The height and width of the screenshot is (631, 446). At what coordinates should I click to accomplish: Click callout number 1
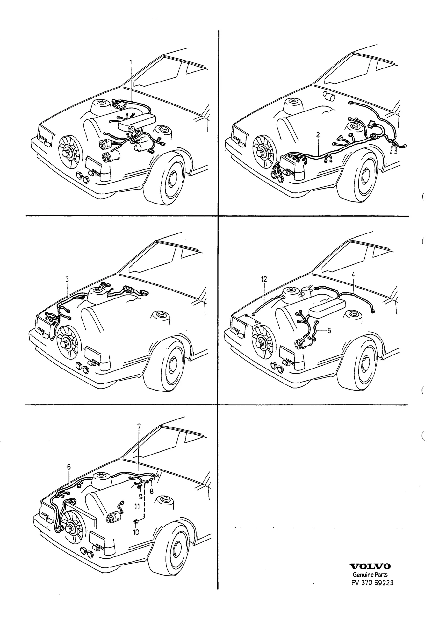tap(130, 62)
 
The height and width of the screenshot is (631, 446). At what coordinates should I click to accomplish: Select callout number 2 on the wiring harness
tap(318, 135)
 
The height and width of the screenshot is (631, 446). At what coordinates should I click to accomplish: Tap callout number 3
tap(67, 279)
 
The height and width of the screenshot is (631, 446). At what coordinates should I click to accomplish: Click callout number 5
tap(329, 331)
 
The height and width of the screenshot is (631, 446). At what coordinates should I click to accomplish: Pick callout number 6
tap(68, 467)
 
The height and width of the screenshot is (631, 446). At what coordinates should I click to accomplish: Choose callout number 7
tap(139, 426)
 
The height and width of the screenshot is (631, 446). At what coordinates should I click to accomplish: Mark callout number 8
tap(151, 491)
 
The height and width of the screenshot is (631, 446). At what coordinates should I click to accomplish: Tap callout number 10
tap(136, 532)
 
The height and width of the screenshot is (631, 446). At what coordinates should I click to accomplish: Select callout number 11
tap(137, 506)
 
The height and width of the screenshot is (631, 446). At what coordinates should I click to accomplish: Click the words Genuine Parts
tap(370, 575)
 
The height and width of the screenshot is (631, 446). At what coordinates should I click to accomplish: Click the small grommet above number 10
tap(136, 521)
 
